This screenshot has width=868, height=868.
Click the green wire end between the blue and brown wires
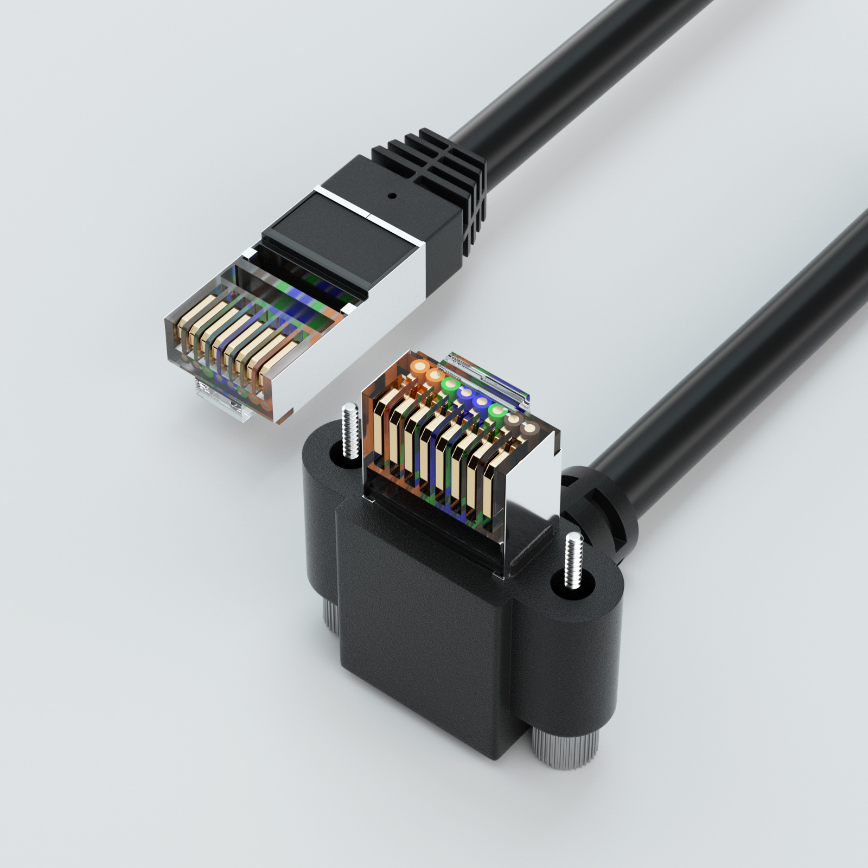tap(496, 411)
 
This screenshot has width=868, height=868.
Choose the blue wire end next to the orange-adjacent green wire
tap(465, 393)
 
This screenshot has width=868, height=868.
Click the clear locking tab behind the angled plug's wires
tap(488, 374)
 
